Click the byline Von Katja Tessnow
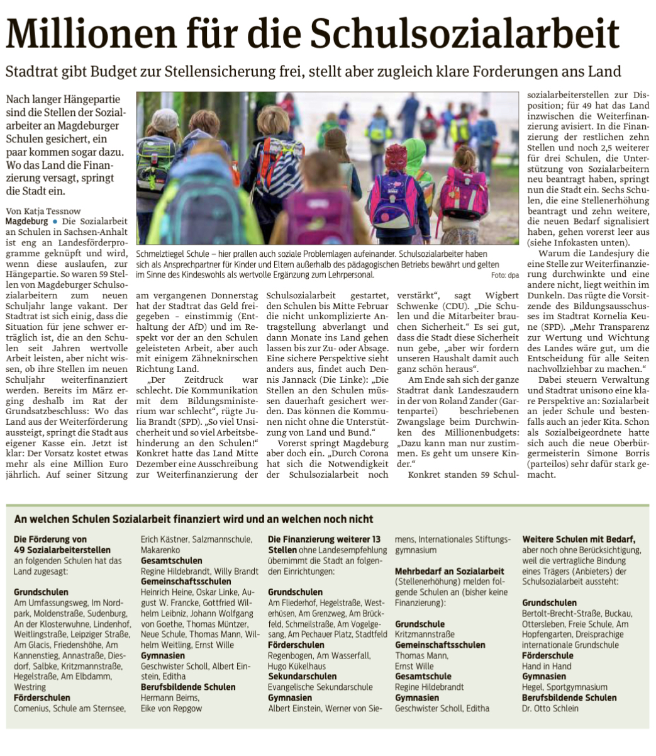pyautogui.click(x=43, y=211)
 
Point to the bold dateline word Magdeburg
pyautogui.click(x=26, y=222)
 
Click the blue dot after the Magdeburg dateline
pyautogui.click(x=55, y=222)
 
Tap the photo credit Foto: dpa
pyautogui.click(x=505, y=275)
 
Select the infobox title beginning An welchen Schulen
pyautogui.click(x=194, y=519)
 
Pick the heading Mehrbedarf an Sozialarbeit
pyautogui.click(x=449, y=571)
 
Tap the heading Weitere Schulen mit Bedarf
pyautogui.click(x=579, y=539)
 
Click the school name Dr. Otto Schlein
pyautogui.click(x=550, y=708)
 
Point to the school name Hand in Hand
pyautogui.click(x=547, y=666)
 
